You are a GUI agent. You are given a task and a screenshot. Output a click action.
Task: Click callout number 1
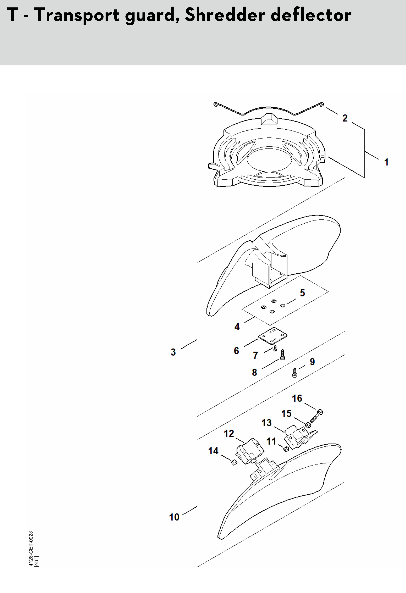coord(386,162)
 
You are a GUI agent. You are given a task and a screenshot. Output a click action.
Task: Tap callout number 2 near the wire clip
coord(345,118)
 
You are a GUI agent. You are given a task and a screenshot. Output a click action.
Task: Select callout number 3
coord(173,352)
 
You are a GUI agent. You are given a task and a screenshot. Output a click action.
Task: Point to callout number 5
coord(302,293)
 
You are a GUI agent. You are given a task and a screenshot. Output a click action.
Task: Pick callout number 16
coord(297,398)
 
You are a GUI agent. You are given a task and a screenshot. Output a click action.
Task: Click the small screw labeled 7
coord(275,348)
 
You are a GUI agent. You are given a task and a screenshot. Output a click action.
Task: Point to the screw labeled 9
coord(295,373)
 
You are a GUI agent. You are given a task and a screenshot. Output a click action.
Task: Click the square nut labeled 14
coord(233,462)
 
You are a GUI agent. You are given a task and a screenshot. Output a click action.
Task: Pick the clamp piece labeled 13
coord(300,437)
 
